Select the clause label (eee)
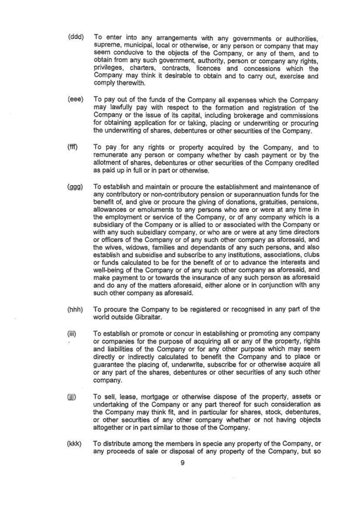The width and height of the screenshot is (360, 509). pyautogui.click(x=76, y=100)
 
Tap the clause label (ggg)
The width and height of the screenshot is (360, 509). pyautogui.click(x=76, y=187)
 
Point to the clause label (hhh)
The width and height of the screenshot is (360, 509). pyautogui.click(x=76, y=309)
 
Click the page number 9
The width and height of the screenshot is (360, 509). pyautogui.click(x=183, y=463)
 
